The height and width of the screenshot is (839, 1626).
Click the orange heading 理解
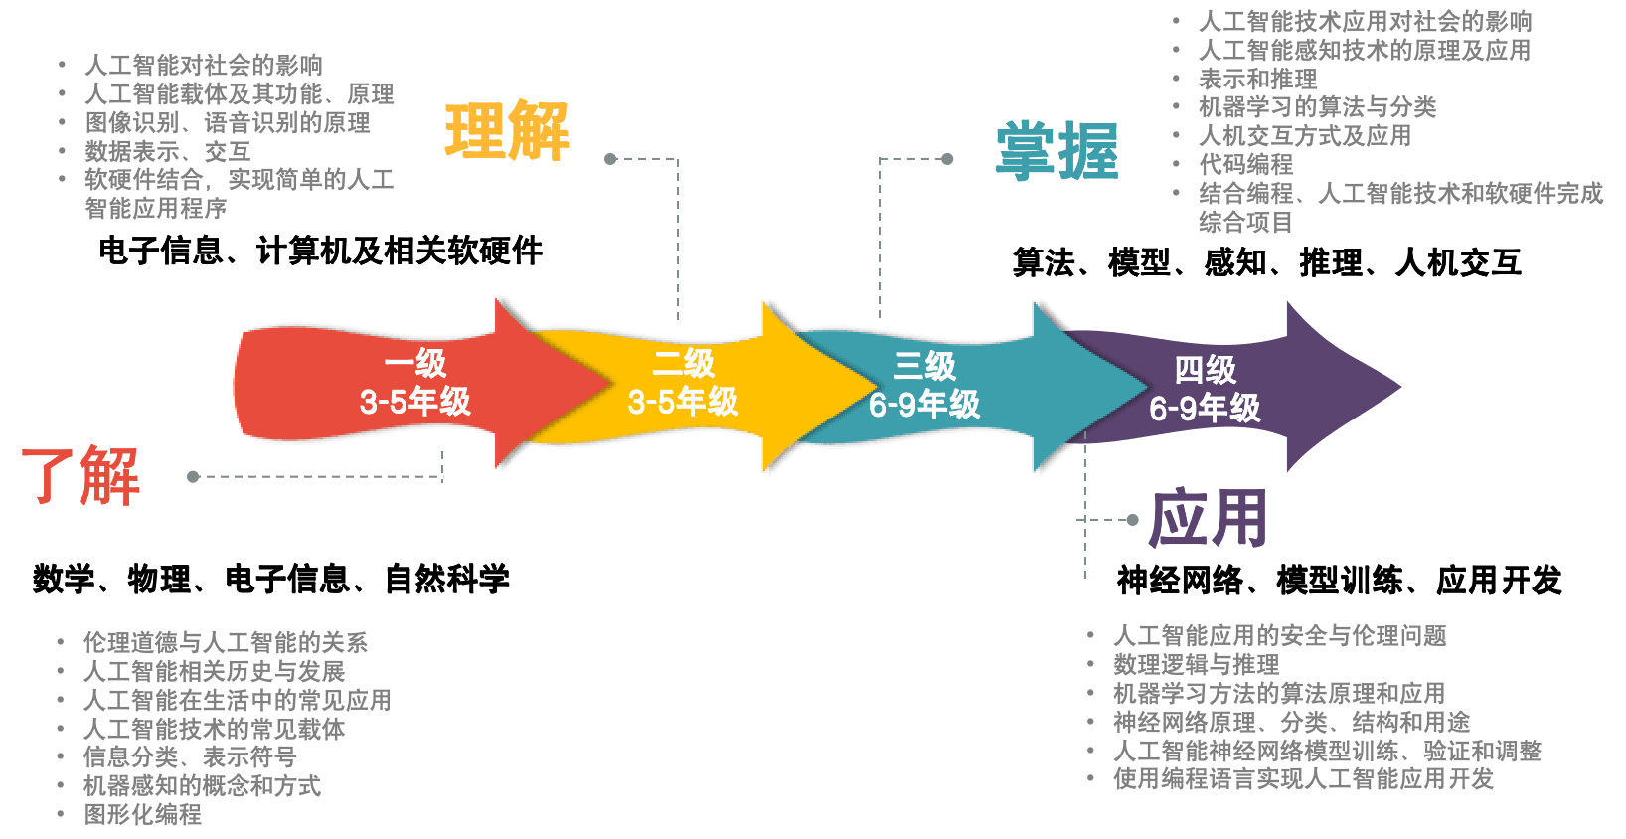click(507, 131)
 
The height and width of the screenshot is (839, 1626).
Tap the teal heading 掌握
click(1057, 151)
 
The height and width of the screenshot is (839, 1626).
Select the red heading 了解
click(81, 475)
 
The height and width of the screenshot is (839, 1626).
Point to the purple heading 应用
click(1208, 518)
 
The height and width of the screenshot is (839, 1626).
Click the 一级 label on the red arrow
click(415, 364)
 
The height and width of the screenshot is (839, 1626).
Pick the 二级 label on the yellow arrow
click(684, 364)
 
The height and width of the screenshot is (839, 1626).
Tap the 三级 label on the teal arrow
click(924, 366)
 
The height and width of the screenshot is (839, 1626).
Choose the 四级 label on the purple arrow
click(1205, 370)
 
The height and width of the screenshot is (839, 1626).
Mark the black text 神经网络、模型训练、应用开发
click(1339, 580)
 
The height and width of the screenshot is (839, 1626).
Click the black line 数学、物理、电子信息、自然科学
click(271, 579)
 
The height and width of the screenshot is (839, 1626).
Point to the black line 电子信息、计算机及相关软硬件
click(320, 251)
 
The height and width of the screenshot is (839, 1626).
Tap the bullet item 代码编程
click(1246, 164)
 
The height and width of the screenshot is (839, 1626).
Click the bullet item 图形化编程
click(143, 815)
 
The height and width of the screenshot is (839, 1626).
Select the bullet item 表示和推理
click(1258, 79)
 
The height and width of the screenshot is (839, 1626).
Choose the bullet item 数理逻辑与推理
click(1197, 664)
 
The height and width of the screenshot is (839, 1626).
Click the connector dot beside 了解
click(193, 477)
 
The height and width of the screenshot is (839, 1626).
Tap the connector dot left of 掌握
click(947, 158)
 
